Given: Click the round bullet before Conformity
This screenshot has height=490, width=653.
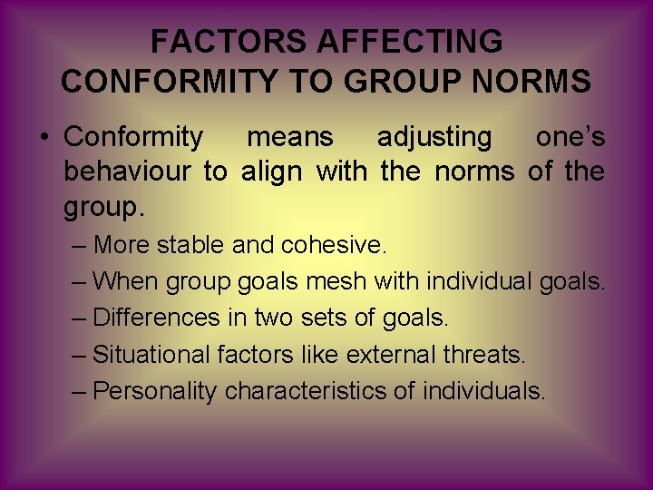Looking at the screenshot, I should (x=43, y=138).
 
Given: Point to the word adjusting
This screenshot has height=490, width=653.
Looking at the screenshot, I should (x=434, y=137).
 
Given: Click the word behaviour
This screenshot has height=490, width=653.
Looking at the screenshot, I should (x=128, y=171).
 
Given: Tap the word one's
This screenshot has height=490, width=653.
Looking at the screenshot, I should (x=570, y=137).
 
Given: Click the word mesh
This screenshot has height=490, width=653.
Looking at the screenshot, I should (x=336, y=281).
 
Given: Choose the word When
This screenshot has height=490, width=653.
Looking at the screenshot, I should (x=125, y=281).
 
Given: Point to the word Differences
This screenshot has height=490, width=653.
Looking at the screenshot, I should (x=157, y=318).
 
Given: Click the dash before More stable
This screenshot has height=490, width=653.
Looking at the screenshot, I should (x=79, y=246).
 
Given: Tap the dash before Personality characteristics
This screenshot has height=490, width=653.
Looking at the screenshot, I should (x=79, y=392).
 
